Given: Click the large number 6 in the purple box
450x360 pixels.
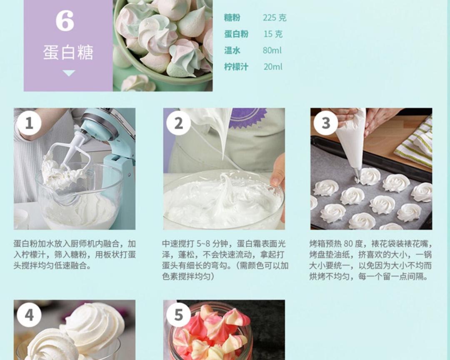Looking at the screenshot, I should tap(65, 21).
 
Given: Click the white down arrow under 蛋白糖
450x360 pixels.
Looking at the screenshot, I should tap(68, 73).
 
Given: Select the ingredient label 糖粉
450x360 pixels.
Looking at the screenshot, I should tap(232, 18).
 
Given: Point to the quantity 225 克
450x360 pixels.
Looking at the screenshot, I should tap(275, 18).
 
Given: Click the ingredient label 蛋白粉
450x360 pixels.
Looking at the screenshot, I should tap(236, 34).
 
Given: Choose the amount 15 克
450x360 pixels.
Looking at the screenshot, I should tap(273, 34).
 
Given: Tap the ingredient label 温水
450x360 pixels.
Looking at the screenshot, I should tap(232, 50).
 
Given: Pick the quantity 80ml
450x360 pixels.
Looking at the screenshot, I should tap(272, 50).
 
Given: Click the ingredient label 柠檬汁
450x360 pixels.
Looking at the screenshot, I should tap(236, 67).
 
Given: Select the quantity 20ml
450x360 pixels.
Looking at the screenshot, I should tap(272, 67).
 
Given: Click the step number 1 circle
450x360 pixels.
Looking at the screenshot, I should tap(29, 123).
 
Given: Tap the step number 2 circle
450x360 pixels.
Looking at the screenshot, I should tap(178, 123).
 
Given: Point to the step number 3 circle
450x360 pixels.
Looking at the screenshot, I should tap(326, 123).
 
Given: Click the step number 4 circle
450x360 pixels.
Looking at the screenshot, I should tap(29, 315).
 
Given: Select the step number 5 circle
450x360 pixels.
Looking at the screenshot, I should tap(178, 315).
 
